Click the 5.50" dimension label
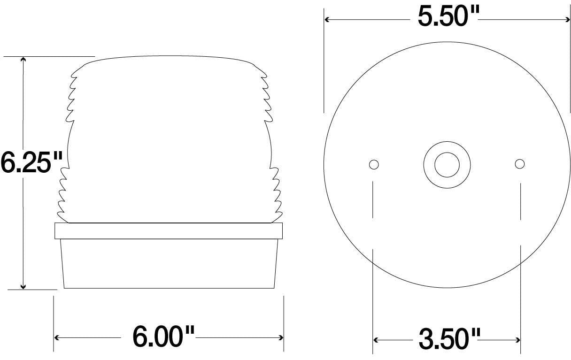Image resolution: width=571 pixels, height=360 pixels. click(447, 18)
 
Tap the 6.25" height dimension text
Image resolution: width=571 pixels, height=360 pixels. click(31, 162)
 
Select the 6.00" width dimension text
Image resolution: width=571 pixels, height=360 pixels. click(163, 337)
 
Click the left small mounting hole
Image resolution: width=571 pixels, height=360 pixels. click(374, 164)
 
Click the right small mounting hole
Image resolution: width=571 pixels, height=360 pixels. click(519, 163)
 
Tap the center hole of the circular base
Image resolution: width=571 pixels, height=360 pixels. click(447, 164)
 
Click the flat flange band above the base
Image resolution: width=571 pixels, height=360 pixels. click(169, 231)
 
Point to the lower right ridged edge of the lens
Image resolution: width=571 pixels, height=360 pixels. click(277, 192)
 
